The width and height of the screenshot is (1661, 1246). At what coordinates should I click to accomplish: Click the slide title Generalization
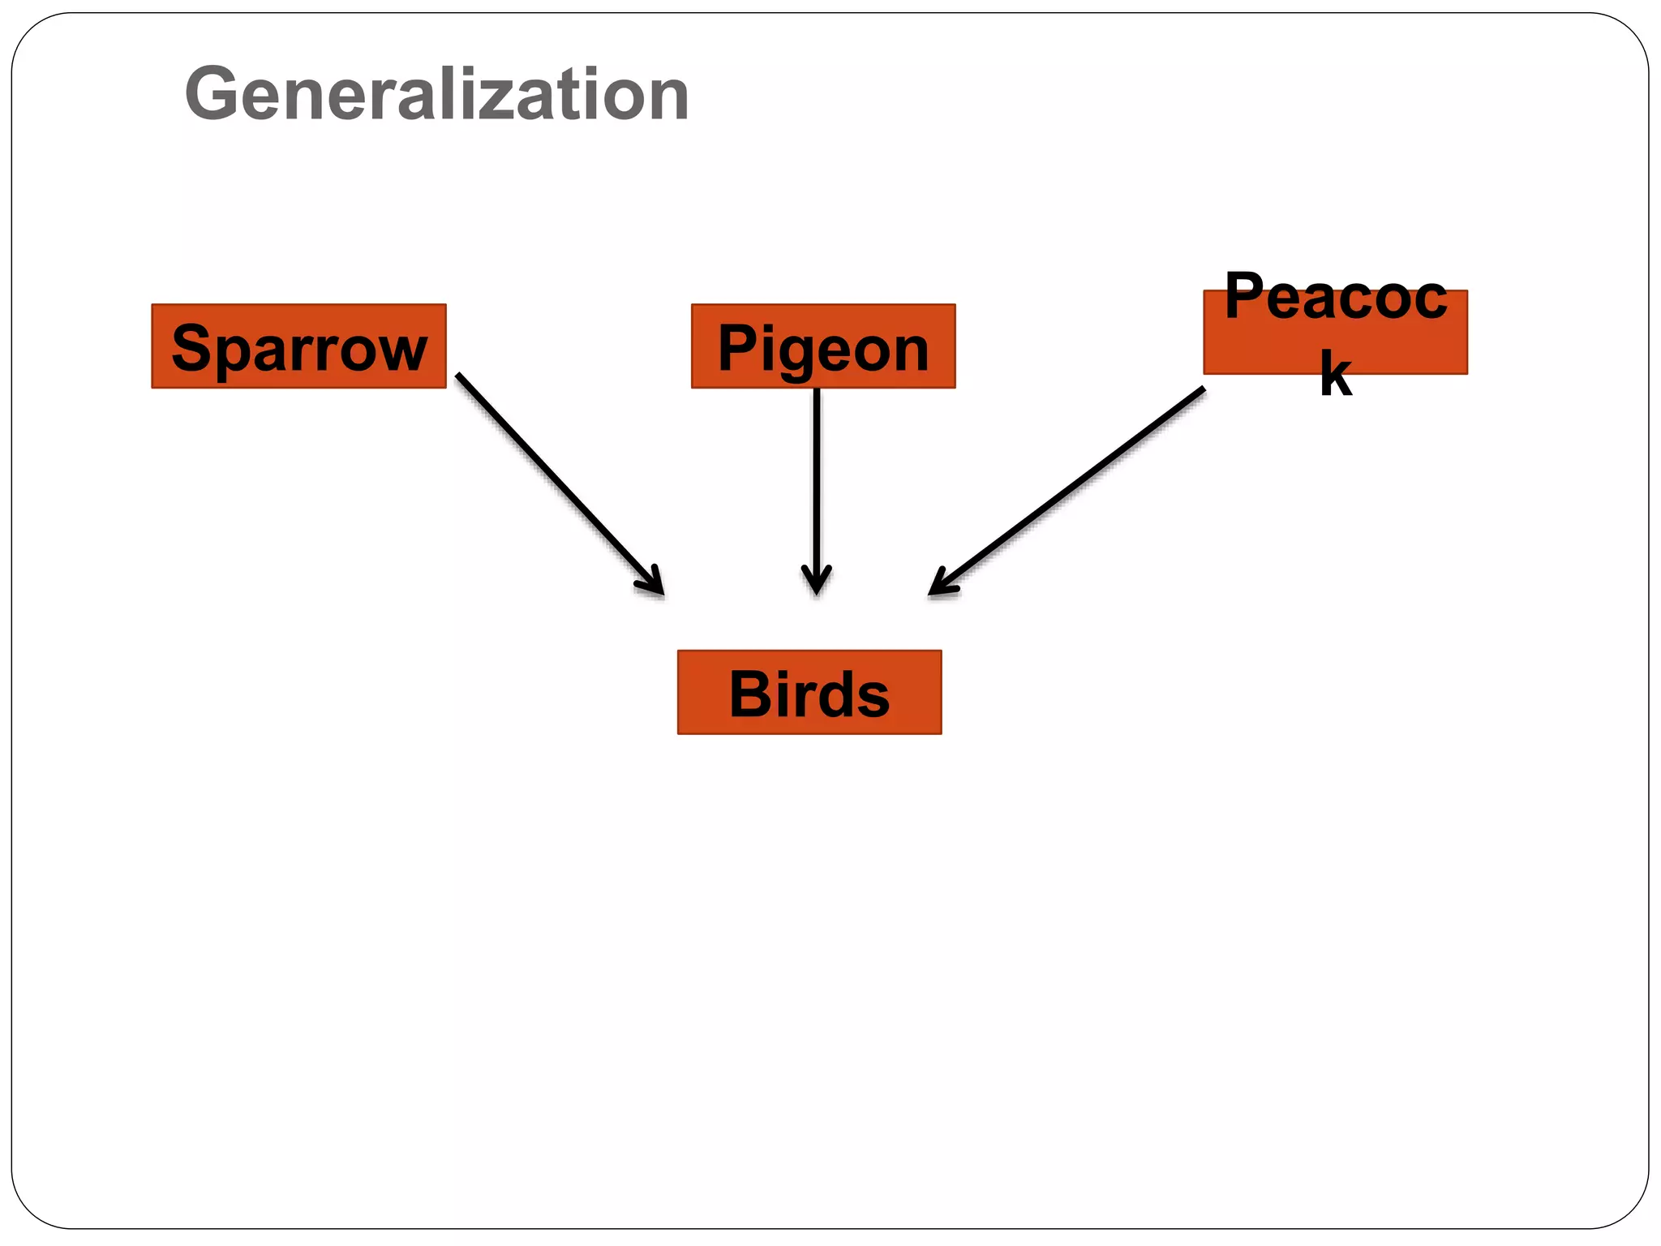[436, 95]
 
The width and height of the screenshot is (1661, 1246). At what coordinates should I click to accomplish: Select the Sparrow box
[298, 346]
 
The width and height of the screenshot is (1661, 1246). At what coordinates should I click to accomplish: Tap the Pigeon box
[822, 346]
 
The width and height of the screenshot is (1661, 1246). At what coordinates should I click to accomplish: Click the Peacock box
[1335, 333]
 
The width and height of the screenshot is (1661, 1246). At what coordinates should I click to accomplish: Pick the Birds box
[809, 692]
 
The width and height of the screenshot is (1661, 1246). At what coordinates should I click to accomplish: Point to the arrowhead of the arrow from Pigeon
[816, 582]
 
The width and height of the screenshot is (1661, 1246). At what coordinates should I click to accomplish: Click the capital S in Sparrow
[191, 348]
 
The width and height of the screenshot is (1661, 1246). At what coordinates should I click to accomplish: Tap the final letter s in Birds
[873, 698]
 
